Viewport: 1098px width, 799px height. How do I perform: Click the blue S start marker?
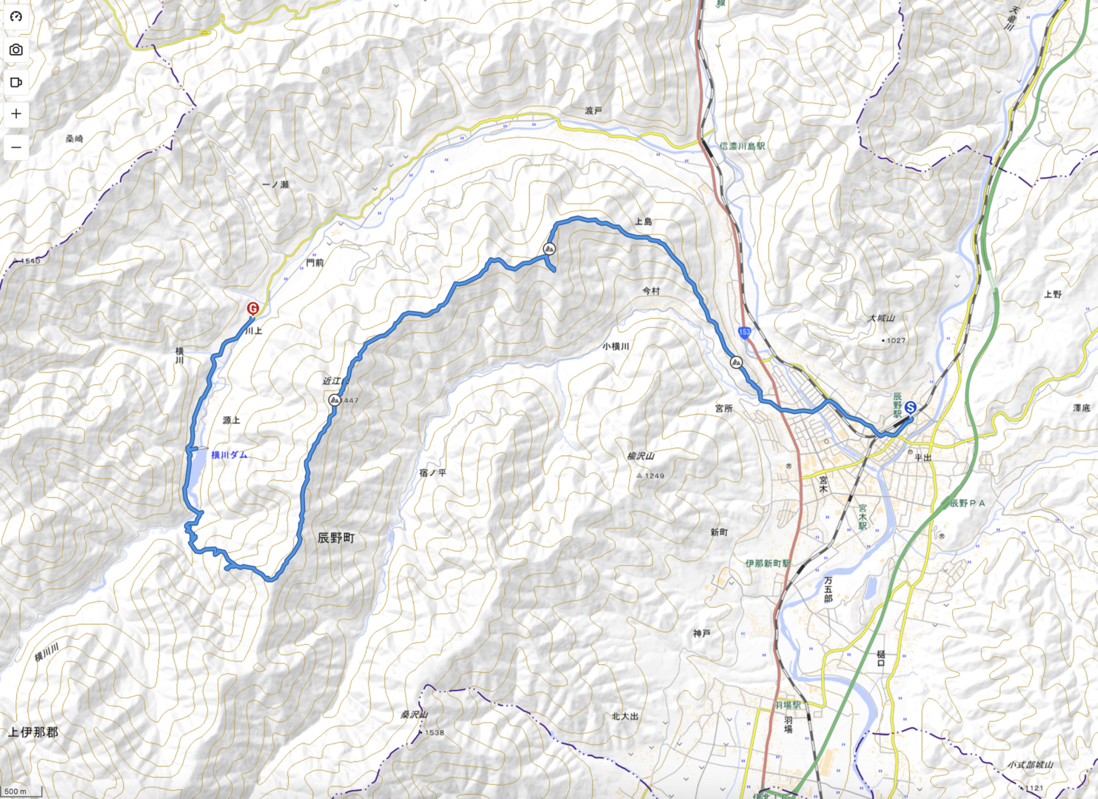(910, 407)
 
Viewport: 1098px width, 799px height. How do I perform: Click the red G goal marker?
(252, 309)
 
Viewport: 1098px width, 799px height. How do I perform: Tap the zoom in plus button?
(16, 114)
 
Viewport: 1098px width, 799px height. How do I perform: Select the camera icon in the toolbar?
(16, 50)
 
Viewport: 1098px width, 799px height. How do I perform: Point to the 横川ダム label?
(229, 455)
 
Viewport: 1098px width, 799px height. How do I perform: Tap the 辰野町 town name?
(335, 538)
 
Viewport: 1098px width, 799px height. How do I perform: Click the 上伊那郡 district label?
(33, 732)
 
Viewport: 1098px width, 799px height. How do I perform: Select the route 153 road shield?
(744, 332)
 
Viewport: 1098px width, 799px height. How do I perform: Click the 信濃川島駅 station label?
(742, 146)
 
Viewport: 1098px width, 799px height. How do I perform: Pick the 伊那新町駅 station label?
(768, 564)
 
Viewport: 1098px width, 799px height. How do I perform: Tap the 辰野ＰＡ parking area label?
(968, 504)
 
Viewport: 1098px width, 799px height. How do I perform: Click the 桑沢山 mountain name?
(415, 715)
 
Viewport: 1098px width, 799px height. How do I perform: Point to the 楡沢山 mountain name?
(640, 456)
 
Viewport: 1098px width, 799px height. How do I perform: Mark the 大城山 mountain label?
(881, 318)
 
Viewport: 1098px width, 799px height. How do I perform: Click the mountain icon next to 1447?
(334, 400)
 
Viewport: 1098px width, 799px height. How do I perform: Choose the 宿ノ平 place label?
(432, 472)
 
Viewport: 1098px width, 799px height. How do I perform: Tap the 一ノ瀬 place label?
(275, 184)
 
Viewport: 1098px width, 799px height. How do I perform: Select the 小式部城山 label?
(1030, 764)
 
